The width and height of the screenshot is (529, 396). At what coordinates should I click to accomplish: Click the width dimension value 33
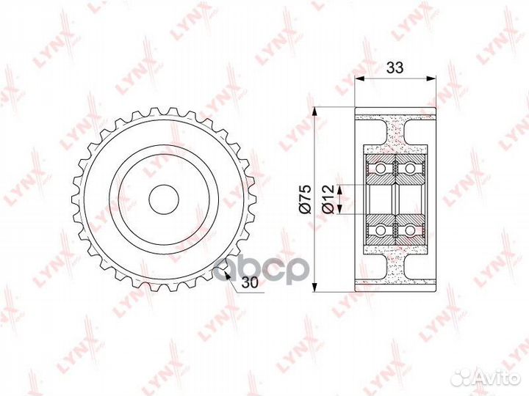(395, 68)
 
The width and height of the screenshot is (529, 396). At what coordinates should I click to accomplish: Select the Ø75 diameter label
(306, 197)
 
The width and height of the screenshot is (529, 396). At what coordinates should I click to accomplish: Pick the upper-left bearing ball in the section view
(381, 169)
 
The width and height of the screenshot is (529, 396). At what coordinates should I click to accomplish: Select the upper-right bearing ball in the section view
(409, 169)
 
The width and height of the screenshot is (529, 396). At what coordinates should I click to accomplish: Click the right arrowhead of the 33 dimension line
(432, 79)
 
